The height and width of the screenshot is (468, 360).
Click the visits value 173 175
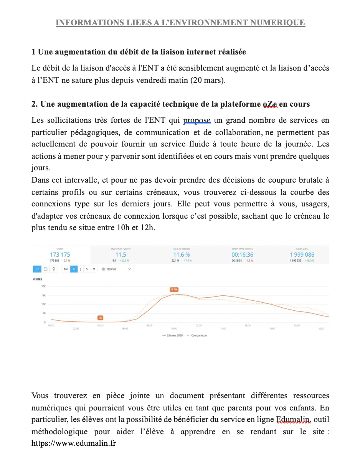point(60,255)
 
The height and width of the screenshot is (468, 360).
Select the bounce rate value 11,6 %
point(181,255)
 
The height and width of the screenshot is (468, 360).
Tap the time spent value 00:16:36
point(242,255)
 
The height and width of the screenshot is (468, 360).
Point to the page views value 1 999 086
point(302,255)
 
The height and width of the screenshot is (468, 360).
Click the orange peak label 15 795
point(174,290)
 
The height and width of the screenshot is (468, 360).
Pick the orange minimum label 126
point(100,318)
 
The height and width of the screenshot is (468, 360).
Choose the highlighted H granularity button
point(74,269)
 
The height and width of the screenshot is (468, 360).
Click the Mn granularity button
point(66,269)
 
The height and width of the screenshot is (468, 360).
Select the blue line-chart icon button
point(37,269)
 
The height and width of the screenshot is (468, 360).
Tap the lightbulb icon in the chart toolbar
point(54,269)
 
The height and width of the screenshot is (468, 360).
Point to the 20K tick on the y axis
point(43,287)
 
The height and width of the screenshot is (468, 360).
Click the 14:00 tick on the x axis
point(223,329)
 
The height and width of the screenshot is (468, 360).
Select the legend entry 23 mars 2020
point(173,335)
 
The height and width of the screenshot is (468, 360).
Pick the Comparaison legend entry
point(197,335)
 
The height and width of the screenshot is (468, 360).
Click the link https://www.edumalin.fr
point(74,443)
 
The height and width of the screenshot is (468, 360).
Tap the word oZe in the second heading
point(270,104)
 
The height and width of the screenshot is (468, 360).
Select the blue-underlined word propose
point(197,120)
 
